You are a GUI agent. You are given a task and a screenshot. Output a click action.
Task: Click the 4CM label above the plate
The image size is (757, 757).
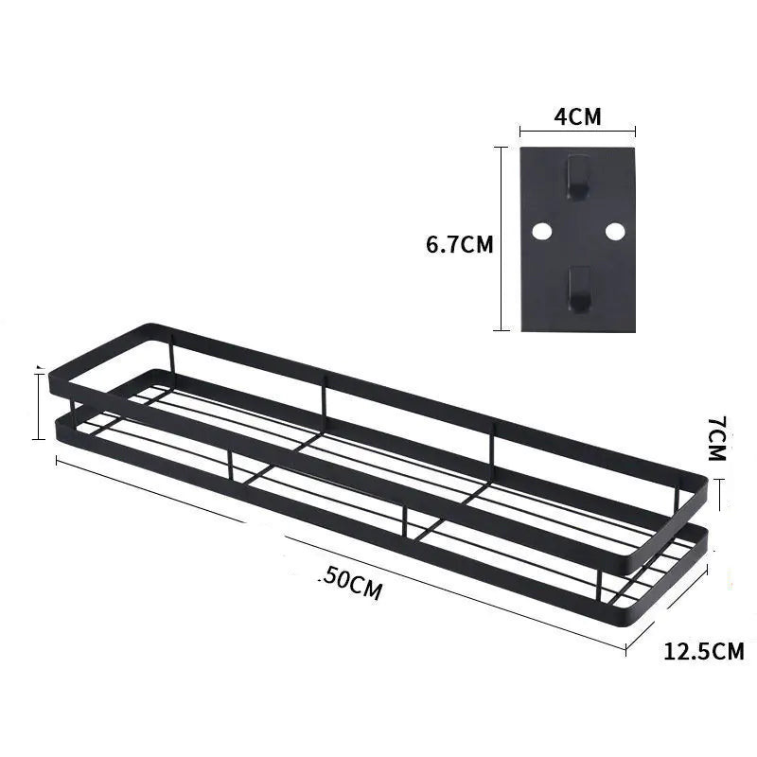[577, 116]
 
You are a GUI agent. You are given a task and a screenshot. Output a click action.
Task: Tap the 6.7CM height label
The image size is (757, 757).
[460, 244]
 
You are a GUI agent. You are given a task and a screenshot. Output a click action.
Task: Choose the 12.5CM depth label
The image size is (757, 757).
[703, 651]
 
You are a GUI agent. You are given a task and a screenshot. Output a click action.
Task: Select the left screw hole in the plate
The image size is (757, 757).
[541, 231]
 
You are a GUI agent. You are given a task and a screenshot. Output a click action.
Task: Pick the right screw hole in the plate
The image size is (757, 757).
[614, 231]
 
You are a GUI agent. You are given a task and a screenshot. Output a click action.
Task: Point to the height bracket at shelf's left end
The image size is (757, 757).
[39, 405]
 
